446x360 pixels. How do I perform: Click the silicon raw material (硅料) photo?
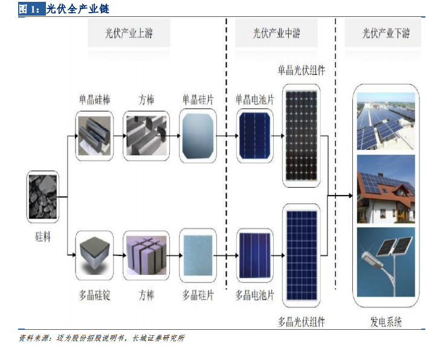(x=43, y=196)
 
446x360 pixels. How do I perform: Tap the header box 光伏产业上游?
(x=129, y=33)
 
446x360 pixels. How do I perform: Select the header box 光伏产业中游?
(x=276, y=33)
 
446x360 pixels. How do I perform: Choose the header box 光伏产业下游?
(x=383, y=33)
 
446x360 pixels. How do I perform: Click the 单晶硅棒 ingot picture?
(x=94, y=136)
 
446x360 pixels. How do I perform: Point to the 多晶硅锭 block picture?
(x=94, y=255)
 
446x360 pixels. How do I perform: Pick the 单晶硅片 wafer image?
(x=198, y=136)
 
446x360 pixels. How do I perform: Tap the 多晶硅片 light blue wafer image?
(x=198, y=255)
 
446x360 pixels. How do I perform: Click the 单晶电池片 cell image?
(x=255, y=135)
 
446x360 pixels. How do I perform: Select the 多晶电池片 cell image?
(x=255, y=255)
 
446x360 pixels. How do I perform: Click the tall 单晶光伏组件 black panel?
(x=301, y=136)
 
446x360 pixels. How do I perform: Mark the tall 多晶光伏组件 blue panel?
(x=302, y=255)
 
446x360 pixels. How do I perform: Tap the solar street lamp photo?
(x=386, y=262)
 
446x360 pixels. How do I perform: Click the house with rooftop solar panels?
(x=386, y=189)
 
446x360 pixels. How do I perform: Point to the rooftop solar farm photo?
(x=386, y=121)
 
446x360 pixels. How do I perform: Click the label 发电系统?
(x=386, y=322)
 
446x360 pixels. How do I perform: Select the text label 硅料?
(x=43, y=237)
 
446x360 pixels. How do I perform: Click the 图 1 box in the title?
(x=32, y=9)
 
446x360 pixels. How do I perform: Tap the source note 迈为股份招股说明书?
(x=90, y=338)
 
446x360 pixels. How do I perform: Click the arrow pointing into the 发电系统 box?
(x=340, y=196)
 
